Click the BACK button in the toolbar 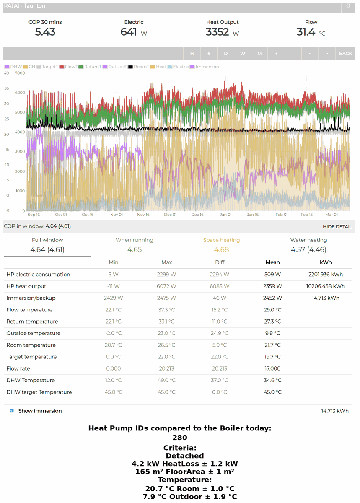(x=345, y=54)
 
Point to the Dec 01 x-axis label (x=170, y=215)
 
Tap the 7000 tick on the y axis (x=20, y=73)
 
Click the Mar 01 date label (x=332, y=215)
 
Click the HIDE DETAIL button (x=337, y=227)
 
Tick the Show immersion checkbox (x=12, y=411)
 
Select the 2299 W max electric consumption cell (x=167, y=275)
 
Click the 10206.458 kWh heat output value (x=326, y=286)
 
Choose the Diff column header (x=220, y=262)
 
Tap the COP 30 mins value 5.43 (x=45, y=32)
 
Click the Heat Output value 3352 (x=217, y=32)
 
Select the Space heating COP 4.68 (x=221, y=250)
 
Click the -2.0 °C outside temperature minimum (x=114, y=333)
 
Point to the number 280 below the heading (x=180, y=438)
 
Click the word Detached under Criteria (x=184, y=456)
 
